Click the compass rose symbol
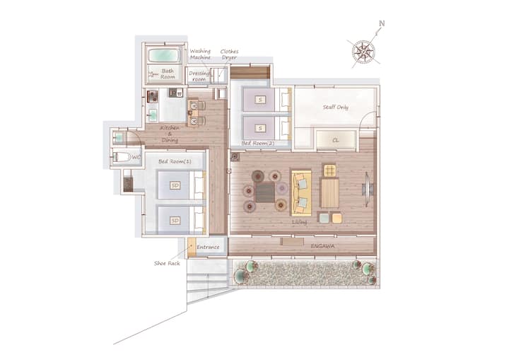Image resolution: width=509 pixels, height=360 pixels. point(363,52)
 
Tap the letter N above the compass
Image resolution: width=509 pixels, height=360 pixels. point(382,23)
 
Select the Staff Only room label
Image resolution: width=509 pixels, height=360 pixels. point(335,107)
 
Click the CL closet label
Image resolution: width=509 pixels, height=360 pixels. point(336,140)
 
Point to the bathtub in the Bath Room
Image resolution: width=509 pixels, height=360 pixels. point(164,55)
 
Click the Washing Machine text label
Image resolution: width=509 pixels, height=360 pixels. point(200,54)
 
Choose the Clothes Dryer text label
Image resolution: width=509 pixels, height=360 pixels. point(229,54)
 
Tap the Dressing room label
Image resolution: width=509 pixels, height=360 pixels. point(199,76)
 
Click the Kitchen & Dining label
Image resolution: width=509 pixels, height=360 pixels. point(170,134)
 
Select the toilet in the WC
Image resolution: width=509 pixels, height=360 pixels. point(122,157)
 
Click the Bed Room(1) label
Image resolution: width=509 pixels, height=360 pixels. point(175,161)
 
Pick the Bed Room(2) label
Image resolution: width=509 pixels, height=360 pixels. point(258,143)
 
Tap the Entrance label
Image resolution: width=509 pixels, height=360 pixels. point(208,247)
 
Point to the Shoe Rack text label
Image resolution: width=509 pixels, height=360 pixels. point(167,263)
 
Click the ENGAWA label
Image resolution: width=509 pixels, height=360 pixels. point(322,246)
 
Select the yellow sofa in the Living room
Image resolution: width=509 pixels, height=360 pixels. point(301,193)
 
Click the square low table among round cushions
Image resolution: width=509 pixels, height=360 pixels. point(265,192)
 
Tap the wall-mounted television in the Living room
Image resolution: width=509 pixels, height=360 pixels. point(368,189)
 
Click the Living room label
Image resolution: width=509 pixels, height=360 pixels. point(299,222)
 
